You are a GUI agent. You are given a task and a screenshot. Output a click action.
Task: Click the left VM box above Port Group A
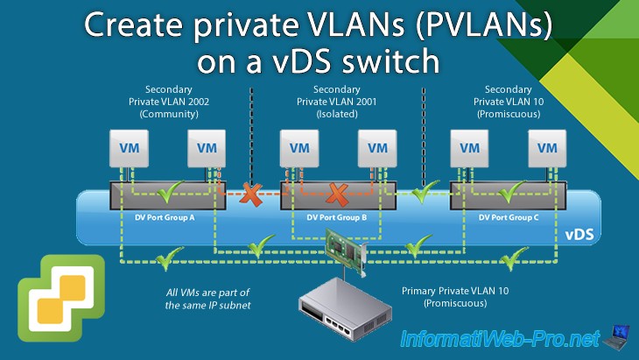129,148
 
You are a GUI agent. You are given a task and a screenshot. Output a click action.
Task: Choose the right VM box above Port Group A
207,148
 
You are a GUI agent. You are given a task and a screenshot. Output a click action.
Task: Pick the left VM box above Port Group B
299,148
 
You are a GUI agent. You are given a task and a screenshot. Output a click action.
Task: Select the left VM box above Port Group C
470,148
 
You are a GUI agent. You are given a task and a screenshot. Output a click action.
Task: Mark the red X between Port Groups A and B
253,192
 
